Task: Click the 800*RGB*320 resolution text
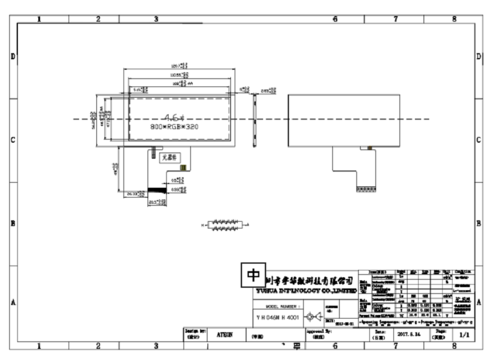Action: coord(174,127)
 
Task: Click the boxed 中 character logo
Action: coord(253,274)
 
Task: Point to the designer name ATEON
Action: coord(225,333)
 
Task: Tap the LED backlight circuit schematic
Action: coord(224,225)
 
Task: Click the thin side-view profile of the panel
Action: coord(254,121)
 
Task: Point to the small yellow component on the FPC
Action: coord(182,167)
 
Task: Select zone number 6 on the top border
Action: coord(335,19)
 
